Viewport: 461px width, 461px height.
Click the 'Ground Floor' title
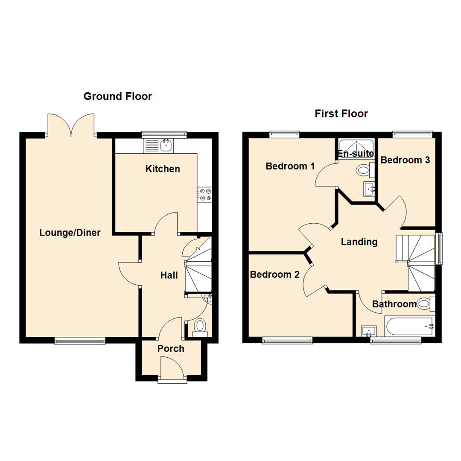click(117, 96)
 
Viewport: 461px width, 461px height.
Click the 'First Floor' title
click(341, 114)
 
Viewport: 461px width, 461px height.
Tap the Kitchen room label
click(163, 169)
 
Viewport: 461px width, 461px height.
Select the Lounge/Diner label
click(70, 233)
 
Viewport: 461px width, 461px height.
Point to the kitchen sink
click(166, 146)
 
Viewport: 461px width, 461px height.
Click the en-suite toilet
click(363, 170)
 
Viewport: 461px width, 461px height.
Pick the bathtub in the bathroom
click(409, 327)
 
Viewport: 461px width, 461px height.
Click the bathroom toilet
click(424, 304)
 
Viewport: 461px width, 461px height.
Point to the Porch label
click(171, 349)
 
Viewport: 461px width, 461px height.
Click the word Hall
click(169, 276)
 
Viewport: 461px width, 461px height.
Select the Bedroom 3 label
click(405, 160)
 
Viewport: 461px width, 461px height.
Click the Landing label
click(359, 242)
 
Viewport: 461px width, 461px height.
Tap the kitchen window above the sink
click(164, 134)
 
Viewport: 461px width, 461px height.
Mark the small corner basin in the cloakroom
click(207, 298)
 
